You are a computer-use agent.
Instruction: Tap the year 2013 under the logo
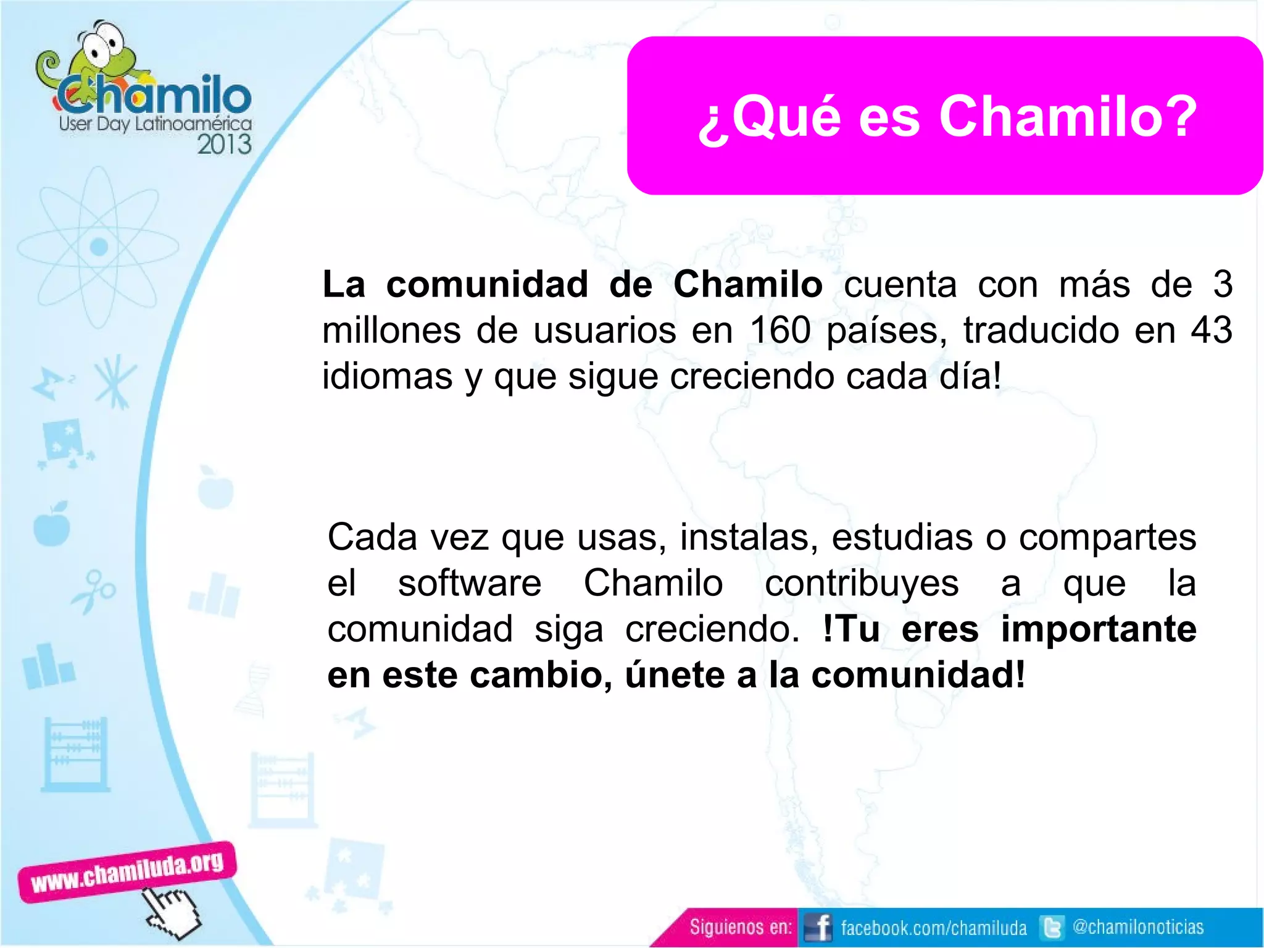[224, 145]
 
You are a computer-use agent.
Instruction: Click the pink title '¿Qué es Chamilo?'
[947, 117]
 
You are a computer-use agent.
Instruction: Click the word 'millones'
[391, 330]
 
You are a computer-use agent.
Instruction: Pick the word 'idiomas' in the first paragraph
[387, 376]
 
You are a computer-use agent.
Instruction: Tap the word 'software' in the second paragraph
[470, 583]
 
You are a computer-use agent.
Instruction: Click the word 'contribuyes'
[862, 584]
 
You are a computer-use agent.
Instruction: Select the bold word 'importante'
[1099, 630]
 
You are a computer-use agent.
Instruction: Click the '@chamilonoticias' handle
[1138, 927]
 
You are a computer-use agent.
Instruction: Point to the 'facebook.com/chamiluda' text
[933, 928]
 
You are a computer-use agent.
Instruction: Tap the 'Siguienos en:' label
[740, 927]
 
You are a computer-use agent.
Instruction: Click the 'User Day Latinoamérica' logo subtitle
[155, 124]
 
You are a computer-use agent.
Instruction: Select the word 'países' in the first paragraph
[886, 330]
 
